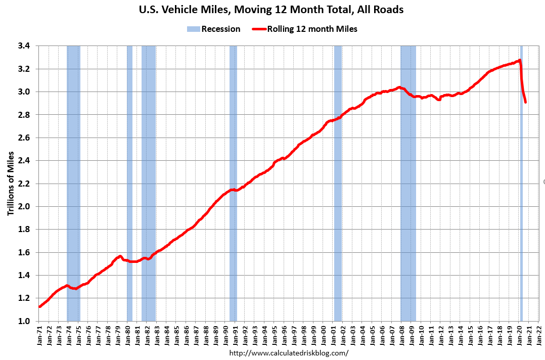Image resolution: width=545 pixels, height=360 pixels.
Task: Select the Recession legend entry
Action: [x=213, y=29]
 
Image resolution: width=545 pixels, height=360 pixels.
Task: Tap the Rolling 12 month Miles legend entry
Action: [x=305, y=29]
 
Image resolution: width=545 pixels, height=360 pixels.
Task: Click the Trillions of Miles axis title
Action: [x=11, y=184]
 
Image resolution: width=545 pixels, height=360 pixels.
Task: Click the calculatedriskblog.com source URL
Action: [x=289, y=352]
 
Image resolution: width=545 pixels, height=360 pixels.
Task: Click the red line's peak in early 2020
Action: [x=520, y=60]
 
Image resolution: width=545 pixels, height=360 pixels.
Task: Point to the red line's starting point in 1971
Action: [x=39, y=306]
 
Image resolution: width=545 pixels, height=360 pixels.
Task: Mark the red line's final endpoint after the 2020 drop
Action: [x=526, y=102]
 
